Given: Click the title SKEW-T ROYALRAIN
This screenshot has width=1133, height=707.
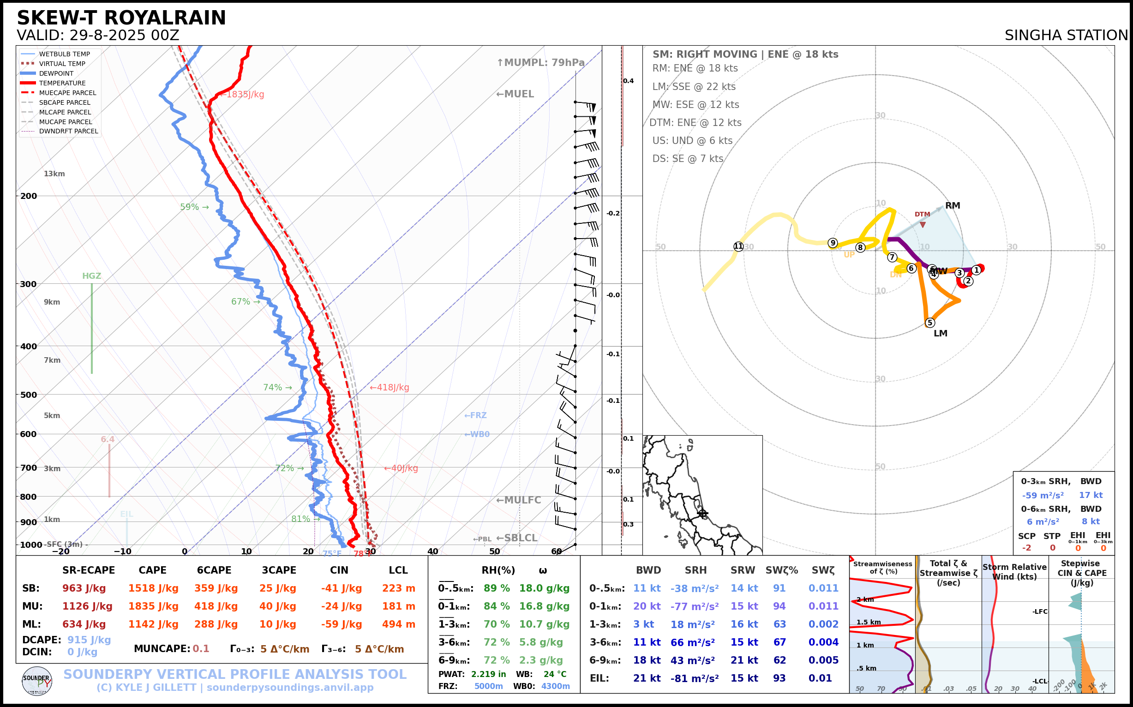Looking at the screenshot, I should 121,18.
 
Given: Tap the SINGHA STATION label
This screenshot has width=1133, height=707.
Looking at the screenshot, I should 1066,36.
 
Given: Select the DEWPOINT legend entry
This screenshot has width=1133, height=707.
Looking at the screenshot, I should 56,73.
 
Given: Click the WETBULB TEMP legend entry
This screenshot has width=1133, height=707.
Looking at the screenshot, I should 64,54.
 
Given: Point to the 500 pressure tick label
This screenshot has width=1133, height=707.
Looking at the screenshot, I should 28,395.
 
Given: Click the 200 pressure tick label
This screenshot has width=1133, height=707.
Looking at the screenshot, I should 28,196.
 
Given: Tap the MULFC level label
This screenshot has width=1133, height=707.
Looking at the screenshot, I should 518,500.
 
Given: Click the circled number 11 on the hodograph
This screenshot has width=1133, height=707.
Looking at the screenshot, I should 738,246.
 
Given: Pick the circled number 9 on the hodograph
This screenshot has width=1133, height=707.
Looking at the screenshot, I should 833,243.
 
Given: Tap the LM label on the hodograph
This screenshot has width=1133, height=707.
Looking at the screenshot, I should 940,333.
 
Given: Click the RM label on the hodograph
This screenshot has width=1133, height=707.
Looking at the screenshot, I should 953,206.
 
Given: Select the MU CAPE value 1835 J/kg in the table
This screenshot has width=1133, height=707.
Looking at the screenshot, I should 153,606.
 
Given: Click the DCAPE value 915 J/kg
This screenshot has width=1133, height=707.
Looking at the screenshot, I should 89,640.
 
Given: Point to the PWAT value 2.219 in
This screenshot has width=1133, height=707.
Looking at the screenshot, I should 488,674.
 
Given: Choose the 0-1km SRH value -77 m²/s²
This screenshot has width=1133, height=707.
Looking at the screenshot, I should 695,606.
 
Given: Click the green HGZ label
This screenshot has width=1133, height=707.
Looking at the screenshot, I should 92,276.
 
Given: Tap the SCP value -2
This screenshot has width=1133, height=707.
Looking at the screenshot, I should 1026,547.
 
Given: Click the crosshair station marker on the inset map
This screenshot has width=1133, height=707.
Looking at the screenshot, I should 702,514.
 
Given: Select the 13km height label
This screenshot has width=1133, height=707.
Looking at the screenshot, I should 54,174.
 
